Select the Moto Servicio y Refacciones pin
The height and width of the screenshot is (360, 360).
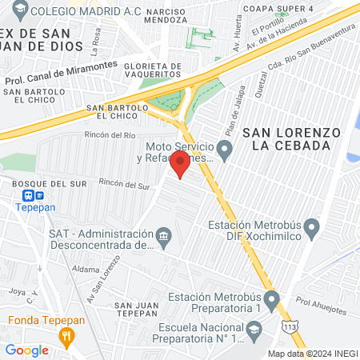point(226,148)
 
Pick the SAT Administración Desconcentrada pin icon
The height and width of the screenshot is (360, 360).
point(165,237)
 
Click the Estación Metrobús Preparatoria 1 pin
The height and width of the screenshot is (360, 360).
point(272,302)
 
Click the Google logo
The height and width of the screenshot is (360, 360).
point(26,350)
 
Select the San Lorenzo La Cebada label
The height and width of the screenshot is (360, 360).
point(291,138)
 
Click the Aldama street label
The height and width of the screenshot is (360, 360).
point(86,270)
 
